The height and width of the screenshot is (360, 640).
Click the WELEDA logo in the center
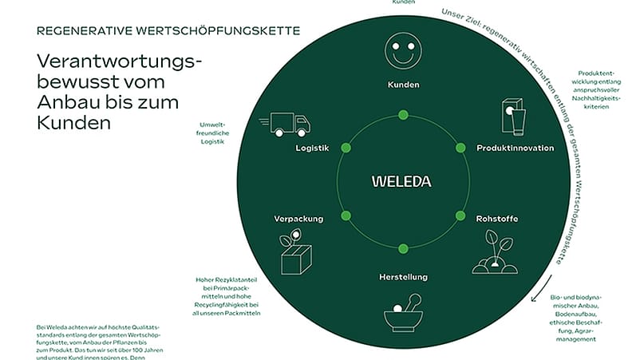pyautogui.click(x=401, y=181)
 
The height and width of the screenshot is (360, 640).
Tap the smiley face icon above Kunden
pyautogui.click(x=402, y=51)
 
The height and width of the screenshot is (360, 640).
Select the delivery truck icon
pyautogui.click(x=285, y=124)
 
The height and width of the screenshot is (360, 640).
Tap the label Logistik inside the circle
pyautogui.click(x=312, y=148)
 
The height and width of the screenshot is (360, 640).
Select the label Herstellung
pyautogui.click(x=403, y=277)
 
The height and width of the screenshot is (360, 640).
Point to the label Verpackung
pyautogui.click(x=298, y=218)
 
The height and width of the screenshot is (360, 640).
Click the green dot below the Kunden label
pyautogui.click(x=403, y=115)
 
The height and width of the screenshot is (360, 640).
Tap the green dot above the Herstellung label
pyautogui.click(x=403, y=248)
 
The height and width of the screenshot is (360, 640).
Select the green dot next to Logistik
pyautogui.click(x=346, y=148)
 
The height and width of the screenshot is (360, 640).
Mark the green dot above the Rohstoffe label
pyautogui.click(x=460, y=215)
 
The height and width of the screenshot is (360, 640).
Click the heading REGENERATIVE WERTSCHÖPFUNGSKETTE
pyautogui.click(x=168, y=31)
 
